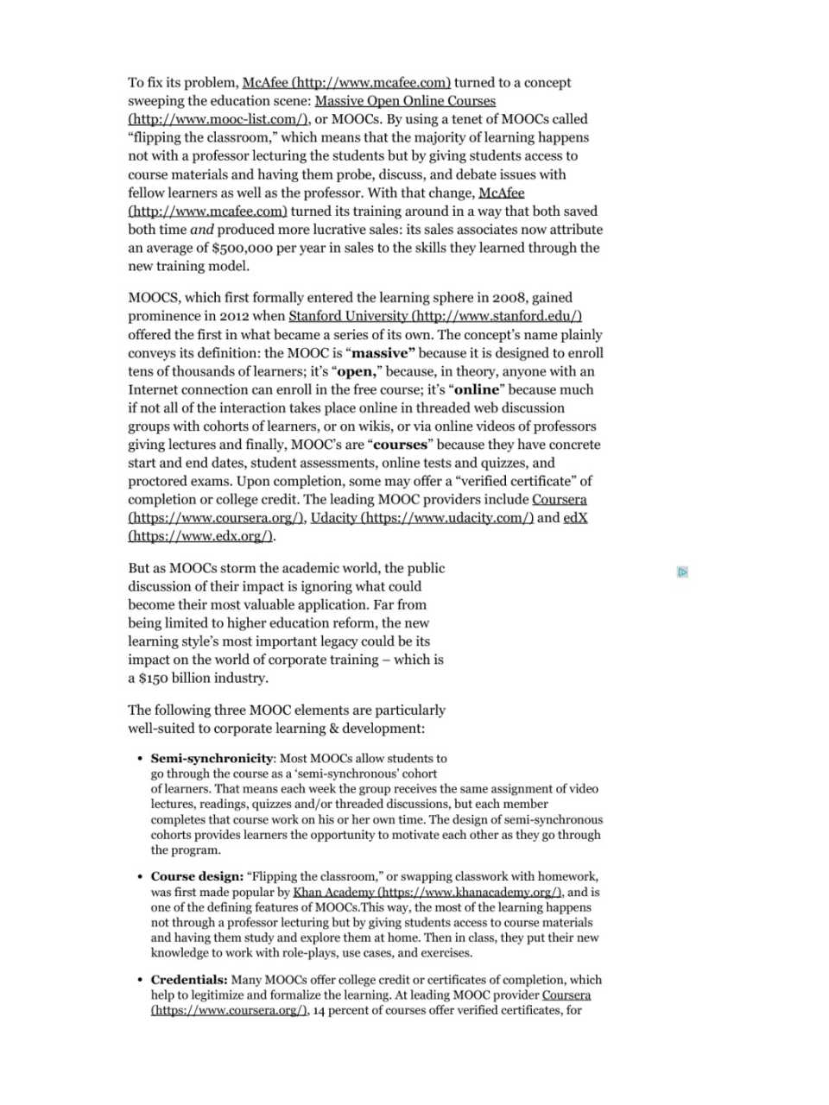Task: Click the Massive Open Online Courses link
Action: [x=405, y=101]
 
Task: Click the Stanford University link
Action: [x=434, y=316]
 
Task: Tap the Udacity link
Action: [x=421, y=518]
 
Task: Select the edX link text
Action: [x=575, y=518]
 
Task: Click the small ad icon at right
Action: [x=682, y=571]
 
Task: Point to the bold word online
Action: [x=478, y=389]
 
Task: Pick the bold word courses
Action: [x=400, y=445]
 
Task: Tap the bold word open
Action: [x=356, y=371]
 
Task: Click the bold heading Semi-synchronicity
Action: [x=212, y=758]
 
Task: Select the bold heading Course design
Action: [x=196, y=876]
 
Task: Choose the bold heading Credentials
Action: [x=188, y=980]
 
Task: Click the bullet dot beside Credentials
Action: [x=140, y=980]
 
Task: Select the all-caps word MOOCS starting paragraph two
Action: [x=152, y=298]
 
